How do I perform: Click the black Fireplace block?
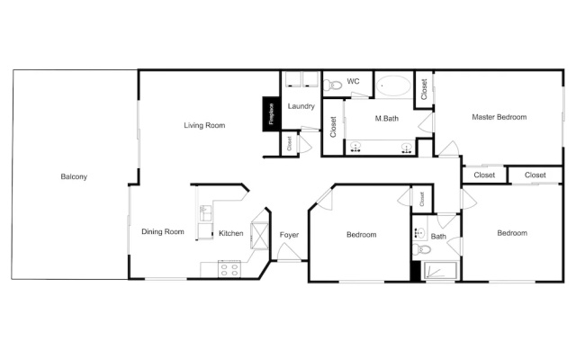(x=271, y=114)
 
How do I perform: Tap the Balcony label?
(x=74, y=176)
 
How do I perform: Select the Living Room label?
(x=204, y=125)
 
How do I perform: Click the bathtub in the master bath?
(x=393, y=86)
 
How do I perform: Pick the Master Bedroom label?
(x=499, y=117)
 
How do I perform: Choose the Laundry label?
(x=301, y=106)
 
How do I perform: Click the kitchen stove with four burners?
(x=229, y=269)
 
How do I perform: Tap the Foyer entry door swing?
(x=288, y=252)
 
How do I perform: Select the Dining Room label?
(x=163, y=231)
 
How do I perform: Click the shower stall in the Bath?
(x=440, y=271)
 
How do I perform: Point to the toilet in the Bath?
(x=421, y=249)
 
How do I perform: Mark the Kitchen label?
(x=231, y=233)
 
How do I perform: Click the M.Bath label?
(x=386, y=118)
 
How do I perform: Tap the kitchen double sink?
(x=205, y=213)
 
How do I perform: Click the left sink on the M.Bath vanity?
(x=355, y=148)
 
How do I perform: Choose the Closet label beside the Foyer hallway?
(x=289, y=143)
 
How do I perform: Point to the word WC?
(x=353, y=81)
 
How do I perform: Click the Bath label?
(x=438, y=236)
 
